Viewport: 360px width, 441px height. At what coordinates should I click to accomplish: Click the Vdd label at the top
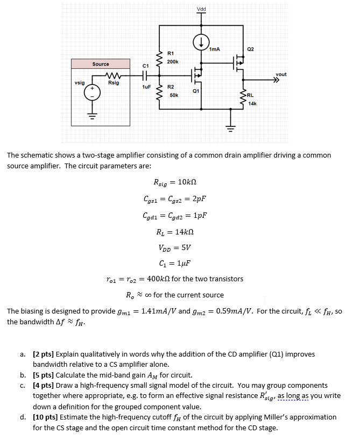click(x=201, y=9)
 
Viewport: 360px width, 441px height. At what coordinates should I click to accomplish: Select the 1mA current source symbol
click(x=201, y=41)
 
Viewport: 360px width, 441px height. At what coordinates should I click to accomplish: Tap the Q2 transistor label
click(x=250, y=49)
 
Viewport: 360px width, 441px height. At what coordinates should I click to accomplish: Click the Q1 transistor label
click(x=196, y=91)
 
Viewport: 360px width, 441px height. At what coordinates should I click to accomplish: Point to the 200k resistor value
click(x=173, y=62)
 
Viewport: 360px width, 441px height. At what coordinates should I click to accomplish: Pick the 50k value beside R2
click(x=173, y=95)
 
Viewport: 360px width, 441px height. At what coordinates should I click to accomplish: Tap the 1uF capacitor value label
click(x=146, y=87)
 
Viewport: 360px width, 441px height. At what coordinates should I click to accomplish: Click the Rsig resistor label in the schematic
click(x=114, y=83)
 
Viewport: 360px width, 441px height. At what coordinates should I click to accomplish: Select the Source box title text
click(x=101, y=64)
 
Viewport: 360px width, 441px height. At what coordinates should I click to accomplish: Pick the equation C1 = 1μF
click(x=175, y=263)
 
